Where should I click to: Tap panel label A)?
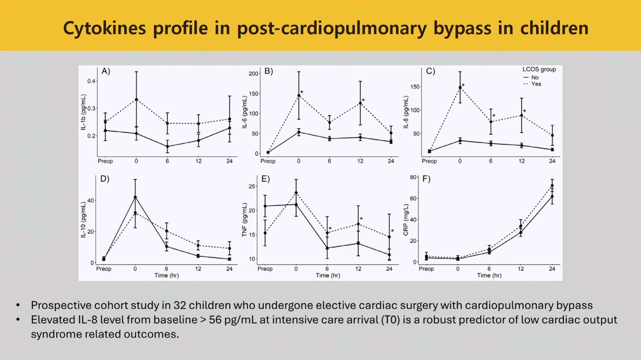tap(106, 71)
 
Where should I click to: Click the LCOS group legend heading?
tap(539, 70)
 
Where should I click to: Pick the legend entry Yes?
tap(537, 84)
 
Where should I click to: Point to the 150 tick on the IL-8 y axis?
tap(415, 87)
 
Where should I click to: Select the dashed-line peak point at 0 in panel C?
tap(460, 88)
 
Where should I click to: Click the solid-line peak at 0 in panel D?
tap(135, 197)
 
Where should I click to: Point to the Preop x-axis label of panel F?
tap(427, 269)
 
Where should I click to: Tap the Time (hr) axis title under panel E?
tap(328, 275)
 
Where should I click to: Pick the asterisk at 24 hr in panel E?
tap(392, 232)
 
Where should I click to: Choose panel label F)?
tap(426, 179)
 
